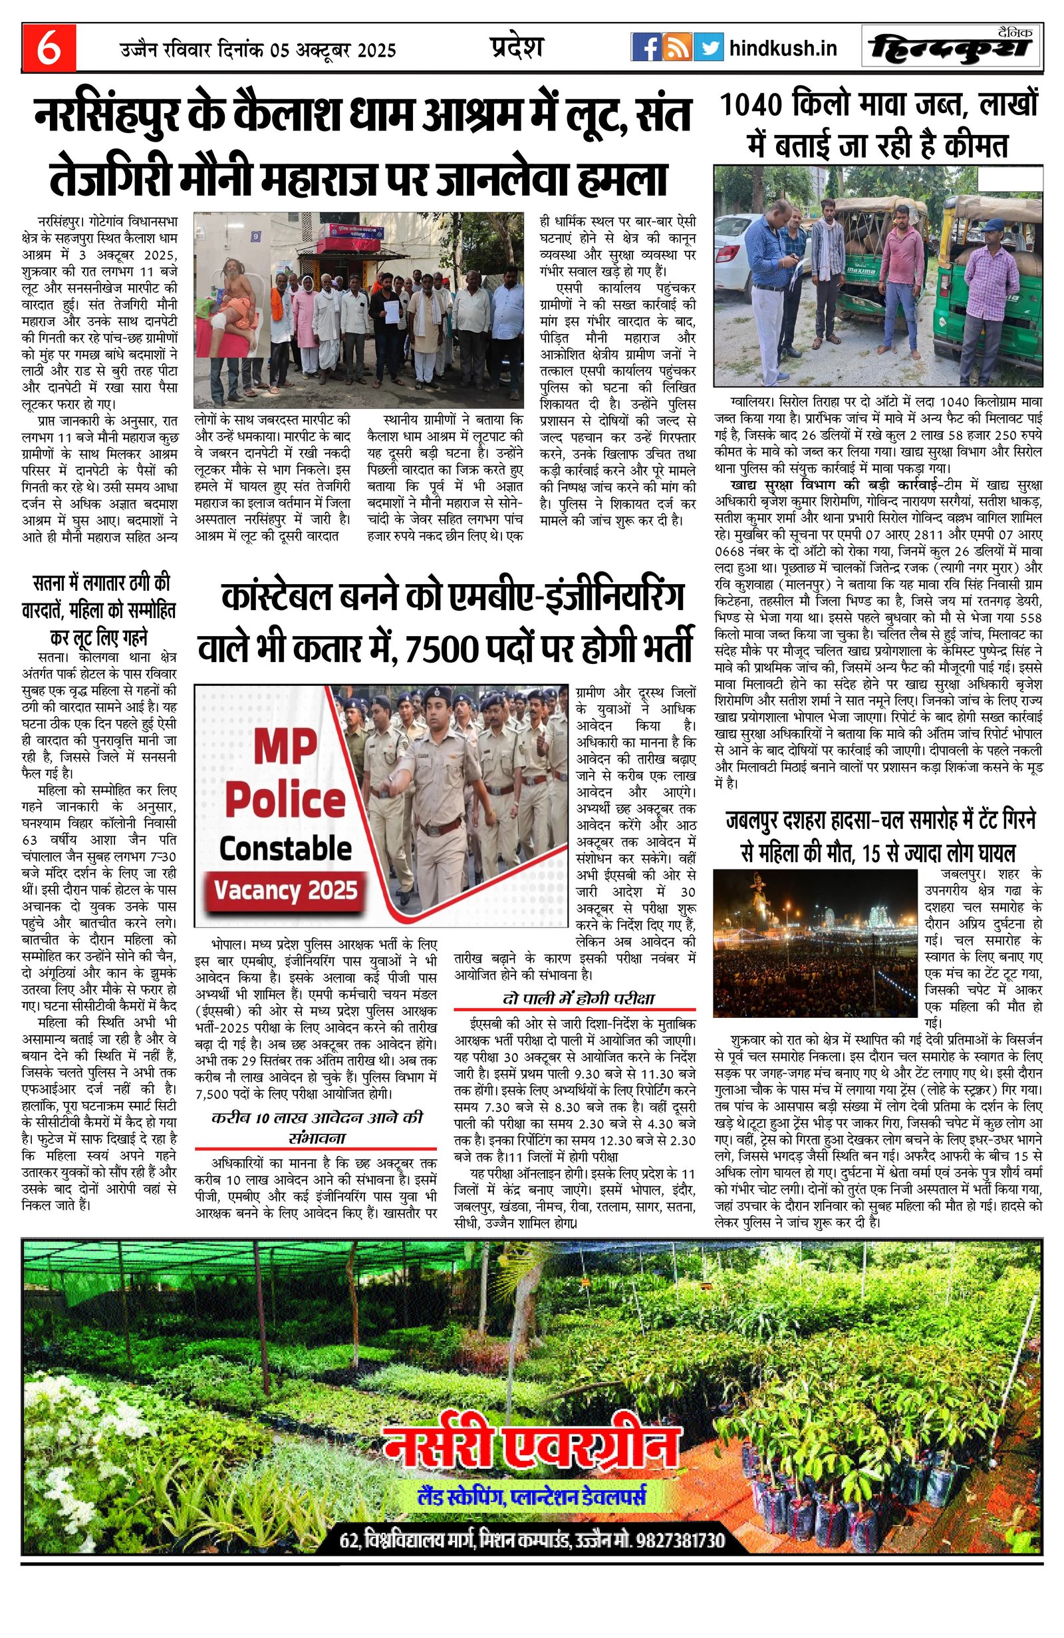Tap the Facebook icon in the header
pyautogui.click(x=646, y=47)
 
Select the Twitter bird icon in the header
pyautogui.click(x=707, y=47)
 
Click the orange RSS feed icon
pyautogui.click(x=677, y=47)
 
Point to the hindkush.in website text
pyautogui.click(x=782, y=48)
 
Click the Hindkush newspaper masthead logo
pyautogui.click(x=950, y=47)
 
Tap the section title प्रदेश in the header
pyautogui.click(x=517, y=47)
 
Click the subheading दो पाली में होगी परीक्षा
pyautogui.click(x=578, y=998)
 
